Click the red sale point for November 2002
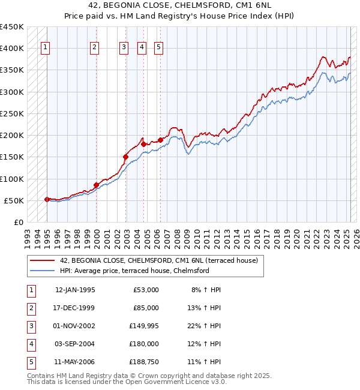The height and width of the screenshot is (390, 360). pos(125,157)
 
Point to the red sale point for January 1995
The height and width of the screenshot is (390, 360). pos(47,199)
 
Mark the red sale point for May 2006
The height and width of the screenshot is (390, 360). pos(160,140)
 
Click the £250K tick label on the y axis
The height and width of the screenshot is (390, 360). pos(11,113)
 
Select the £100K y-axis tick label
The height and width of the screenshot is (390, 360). pos(11,179)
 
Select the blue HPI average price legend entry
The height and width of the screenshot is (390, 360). pos(134,271)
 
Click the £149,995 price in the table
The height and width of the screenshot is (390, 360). pos(144,326)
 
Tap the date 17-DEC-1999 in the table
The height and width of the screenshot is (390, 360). pos(74,308)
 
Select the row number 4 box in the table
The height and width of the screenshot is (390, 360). pos(30,344)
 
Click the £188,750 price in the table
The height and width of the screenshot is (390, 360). pos(144,362)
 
